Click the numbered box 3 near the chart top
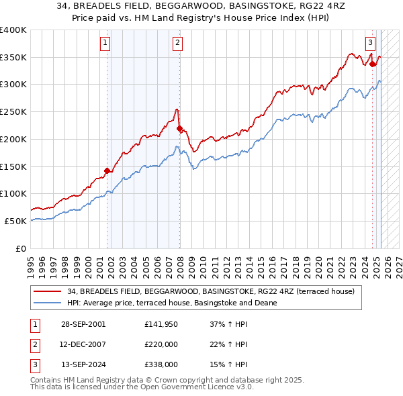point(370,42)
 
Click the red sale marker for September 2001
point(107,170)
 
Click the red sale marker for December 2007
point(179,128)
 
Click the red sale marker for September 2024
point(373,64)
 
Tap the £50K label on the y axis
point(16,220)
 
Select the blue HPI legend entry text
point(172,303)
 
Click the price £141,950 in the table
point(160,324)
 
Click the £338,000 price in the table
point(160,365)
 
